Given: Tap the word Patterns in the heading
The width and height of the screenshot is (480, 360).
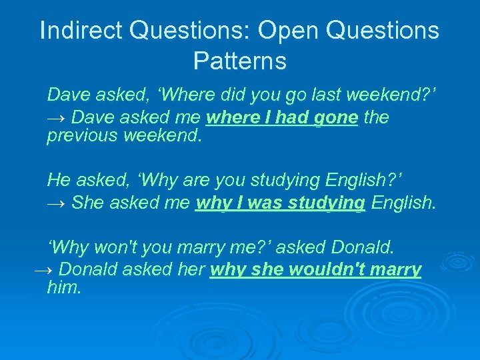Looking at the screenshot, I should [240, 61].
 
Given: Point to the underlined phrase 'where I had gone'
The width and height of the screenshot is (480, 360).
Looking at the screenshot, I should [283, 118].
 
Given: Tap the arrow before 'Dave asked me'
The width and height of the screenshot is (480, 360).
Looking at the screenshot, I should [56, 118].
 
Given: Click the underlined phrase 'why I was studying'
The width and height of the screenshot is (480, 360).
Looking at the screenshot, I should [280, 202].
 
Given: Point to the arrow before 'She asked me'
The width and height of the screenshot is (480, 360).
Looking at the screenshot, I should [56, 202].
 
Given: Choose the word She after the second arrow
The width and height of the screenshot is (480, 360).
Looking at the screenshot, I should [87, 202].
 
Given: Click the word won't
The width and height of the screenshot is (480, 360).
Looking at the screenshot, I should [115, 247].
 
